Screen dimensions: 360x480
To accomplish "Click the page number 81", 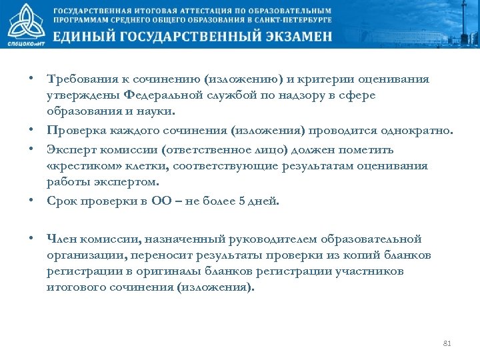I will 447,344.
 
